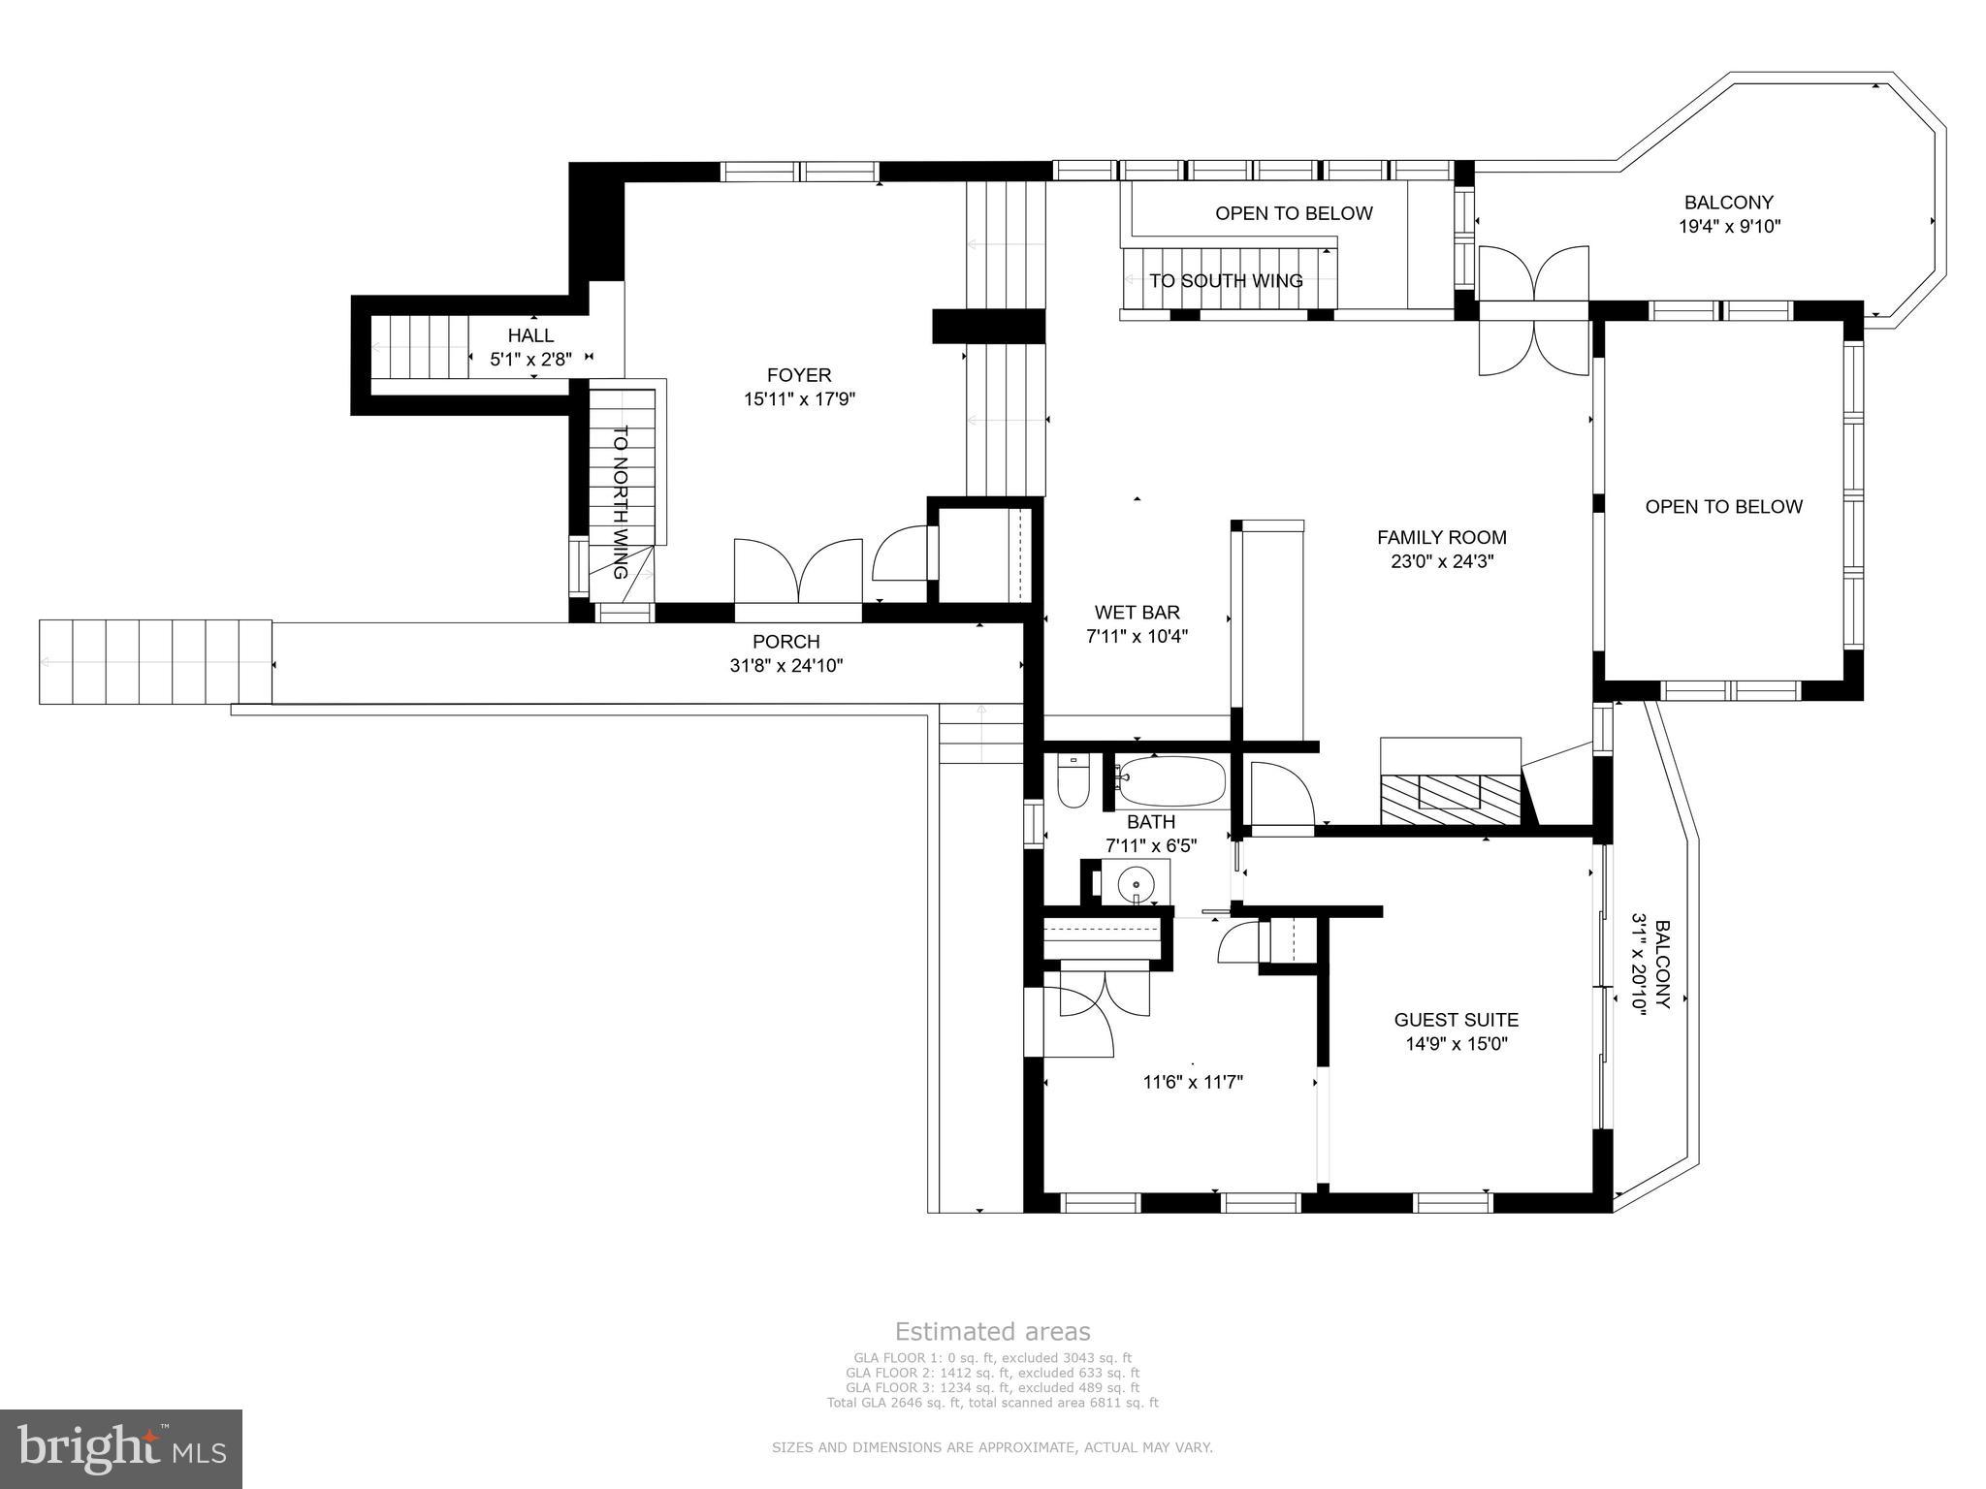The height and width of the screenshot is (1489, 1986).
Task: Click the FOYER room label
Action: click(x=799, y=375)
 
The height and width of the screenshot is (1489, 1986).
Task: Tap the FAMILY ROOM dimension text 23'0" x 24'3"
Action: click(x=1442, y=561)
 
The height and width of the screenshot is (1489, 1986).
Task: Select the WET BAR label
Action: click(x=1137, y=613)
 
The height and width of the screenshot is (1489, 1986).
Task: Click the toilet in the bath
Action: click(x=1073, y=780)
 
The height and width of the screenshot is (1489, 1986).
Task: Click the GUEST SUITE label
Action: click(x=1456, y=1020)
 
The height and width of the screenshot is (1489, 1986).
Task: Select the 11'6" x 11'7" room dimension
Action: click(x=1193, y=1082)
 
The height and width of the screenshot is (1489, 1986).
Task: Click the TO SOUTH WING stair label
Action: click(x=1226, y=281)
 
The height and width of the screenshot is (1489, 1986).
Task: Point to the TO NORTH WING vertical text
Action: click(x=621, y=502)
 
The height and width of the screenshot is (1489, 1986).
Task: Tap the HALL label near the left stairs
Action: click(x=530, y=335)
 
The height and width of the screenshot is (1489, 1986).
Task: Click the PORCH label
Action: click(x=785, y=642)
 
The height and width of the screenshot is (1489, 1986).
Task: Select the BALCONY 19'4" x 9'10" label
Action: click(x=1729, y=214)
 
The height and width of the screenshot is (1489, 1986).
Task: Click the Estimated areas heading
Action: click(x=992, y=1331)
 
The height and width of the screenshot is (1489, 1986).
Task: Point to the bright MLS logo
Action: click(x=121, y=1448)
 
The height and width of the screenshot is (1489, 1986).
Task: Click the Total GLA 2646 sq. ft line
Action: click(x=992, y=1402)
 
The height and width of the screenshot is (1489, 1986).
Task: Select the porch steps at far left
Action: click(x=155, y=662)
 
